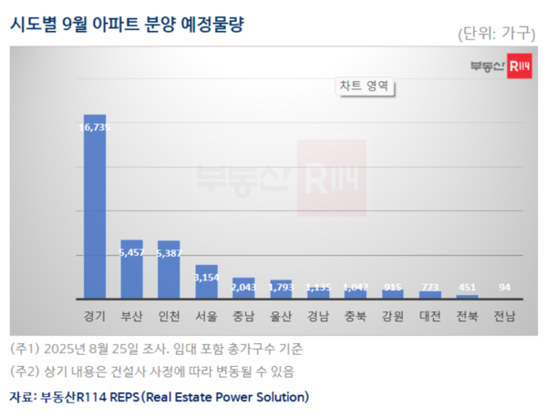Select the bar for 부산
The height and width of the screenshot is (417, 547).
coord(131,270)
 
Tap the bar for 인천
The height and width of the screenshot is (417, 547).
coord(169,270)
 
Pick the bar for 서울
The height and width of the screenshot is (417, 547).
coord(206,282)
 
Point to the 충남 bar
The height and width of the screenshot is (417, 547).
coord(243,289)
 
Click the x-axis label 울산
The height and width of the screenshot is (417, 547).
coord(280,316)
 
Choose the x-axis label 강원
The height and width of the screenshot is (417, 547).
coord(392,316)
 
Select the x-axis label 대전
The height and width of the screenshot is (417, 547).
coord(429,316)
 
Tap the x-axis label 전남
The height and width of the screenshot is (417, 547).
coord(504,316)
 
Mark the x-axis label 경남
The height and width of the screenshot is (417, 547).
coord(318,316)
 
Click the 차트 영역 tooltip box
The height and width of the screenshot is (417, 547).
coord(364,86)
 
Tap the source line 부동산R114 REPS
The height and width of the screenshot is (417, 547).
coord(160,397)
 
